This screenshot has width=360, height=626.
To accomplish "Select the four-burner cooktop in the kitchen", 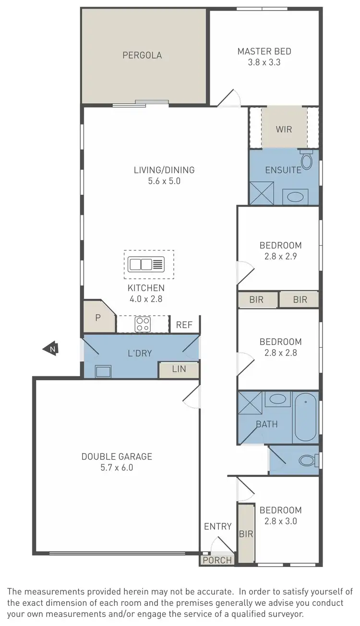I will pyautogui.click(x=143, y=324).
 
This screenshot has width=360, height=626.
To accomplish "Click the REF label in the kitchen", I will pyautogui.click(x=184, y=325).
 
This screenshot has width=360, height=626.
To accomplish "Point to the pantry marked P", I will pyautogui.click(x=98, y=318).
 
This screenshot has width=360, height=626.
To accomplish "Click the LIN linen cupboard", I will pyautogui.click(x=179, y=369).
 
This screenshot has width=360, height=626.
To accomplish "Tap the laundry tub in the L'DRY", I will pyautogui.click(x=103, y=371).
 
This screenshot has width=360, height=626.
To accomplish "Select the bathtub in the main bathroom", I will pyautogui.click(x=305, y=417).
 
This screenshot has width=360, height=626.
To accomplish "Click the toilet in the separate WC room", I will pyautogui.click(x=307, y=461).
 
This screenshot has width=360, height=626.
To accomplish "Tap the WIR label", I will pyautogui.click(x=284, y=130).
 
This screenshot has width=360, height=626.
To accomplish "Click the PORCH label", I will pyautogui.click(x=217, y=560).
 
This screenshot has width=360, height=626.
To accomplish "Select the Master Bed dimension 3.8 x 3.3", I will pyautogui.click(x=264, y=62).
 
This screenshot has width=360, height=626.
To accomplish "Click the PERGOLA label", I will pyautogui.click(x=142, y=55).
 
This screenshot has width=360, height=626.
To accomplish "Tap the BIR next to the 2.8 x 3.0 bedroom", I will pyautogui.click(x=246, y=533).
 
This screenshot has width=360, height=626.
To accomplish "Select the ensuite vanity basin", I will pyautogui.click(x=295, y=196).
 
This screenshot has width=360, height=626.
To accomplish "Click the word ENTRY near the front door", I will pyautogui.click(x=218, y=526).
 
